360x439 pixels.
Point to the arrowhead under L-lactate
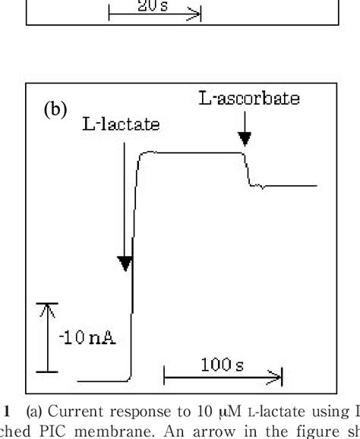(x=125, y=264)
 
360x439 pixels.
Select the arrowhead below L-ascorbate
(x=244, y=139)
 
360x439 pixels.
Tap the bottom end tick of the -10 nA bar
(x=47, y=371)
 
